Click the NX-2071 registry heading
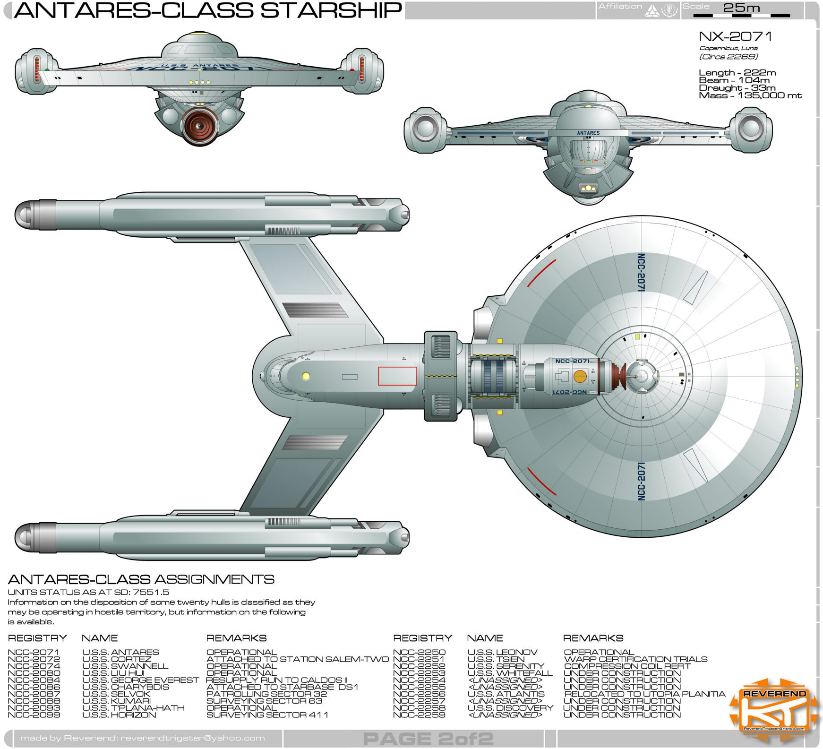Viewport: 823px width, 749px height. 735,36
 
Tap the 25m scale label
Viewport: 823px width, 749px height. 741,8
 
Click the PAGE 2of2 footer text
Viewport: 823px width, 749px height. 428,738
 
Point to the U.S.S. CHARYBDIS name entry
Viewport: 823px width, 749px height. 126,687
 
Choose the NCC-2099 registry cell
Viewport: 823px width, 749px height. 34,715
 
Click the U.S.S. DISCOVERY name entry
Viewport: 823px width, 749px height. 510,708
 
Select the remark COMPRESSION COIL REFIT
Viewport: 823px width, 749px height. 627,666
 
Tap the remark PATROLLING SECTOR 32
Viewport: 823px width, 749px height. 266,694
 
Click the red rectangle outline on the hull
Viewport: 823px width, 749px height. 397,376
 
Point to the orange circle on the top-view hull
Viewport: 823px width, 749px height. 580,377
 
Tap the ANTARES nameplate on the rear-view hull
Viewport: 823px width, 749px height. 588,133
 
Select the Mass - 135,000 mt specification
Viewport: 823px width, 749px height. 750,95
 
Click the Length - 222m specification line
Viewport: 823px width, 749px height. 737,73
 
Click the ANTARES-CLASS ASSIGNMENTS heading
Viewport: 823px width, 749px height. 141,579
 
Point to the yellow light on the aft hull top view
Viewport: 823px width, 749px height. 306,376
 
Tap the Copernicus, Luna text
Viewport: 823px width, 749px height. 728,48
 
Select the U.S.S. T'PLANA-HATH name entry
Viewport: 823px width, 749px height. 133,708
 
